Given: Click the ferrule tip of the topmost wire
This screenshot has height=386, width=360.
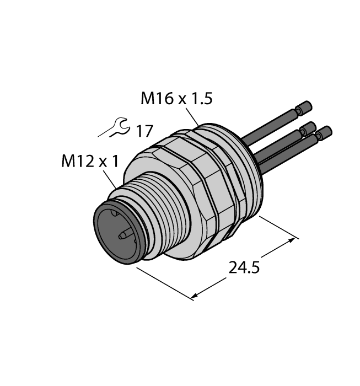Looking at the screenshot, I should point(304,106).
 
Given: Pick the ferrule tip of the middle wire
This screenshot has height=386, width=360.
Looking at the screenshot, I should point(308,128).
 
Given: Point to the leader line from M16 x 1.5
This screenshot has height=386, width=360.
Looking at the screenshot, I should point(193,117).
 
